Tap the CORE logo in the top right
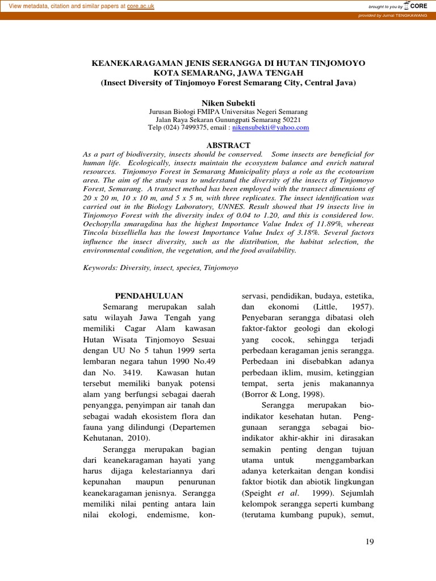click(419, 6)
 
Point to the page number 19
click(369, 542)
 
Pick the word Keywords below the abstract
click(100, 267)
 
